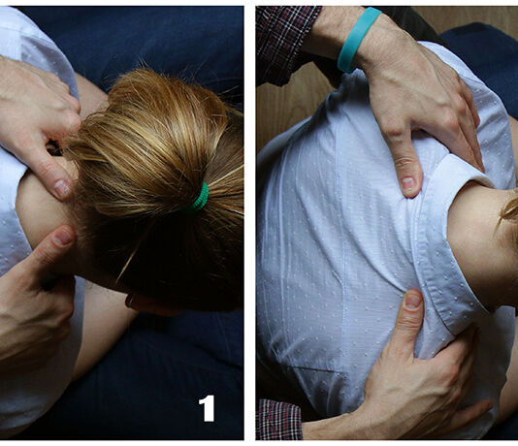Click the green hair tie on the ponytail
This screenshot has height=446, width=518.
click(199, 198)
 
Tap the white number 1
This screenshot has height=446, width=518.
click(207, 408)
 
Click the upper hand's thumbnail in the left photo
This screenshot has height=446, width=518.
click(62, 187)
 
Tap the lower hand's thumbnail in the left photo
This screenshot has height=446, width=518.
click(63, 237)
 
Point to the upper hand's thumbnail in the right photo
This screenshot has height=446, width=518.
click(408, 182)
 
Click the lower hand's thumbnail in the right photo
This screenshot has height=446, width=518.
click(412, 301)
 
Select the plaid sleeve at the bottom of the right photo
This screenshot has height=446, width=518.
click(279, 419)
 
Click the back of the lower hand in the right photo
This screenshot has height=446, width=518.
click(426, 383)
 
